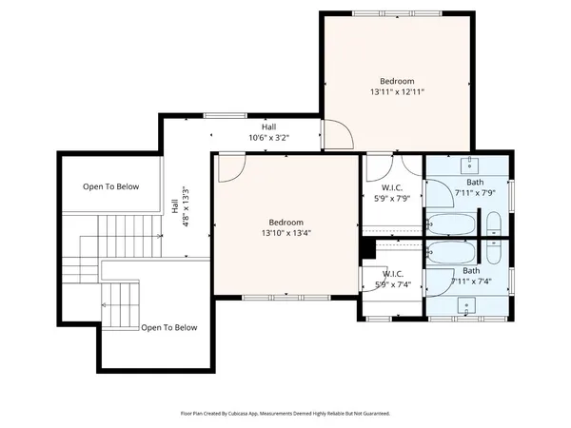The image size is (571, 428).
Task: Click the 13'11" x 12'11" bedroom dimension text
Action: (397, 92)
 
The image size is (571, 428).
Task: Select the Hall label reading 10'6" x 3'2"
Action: (268, 138)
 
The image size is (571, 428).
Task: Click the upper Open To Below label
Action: (110, 186)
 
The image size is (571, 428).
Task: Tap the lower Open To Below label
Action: (169, 327)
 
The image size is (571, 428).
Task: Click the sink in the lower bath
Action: (466, 305)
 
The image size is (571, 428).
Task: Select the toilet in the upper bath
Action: (494, 224)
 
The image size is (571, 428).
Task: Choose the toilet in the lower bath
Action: (494, 252)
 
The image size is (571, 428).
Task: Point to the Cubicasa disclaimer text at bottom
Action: (285, 414)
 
